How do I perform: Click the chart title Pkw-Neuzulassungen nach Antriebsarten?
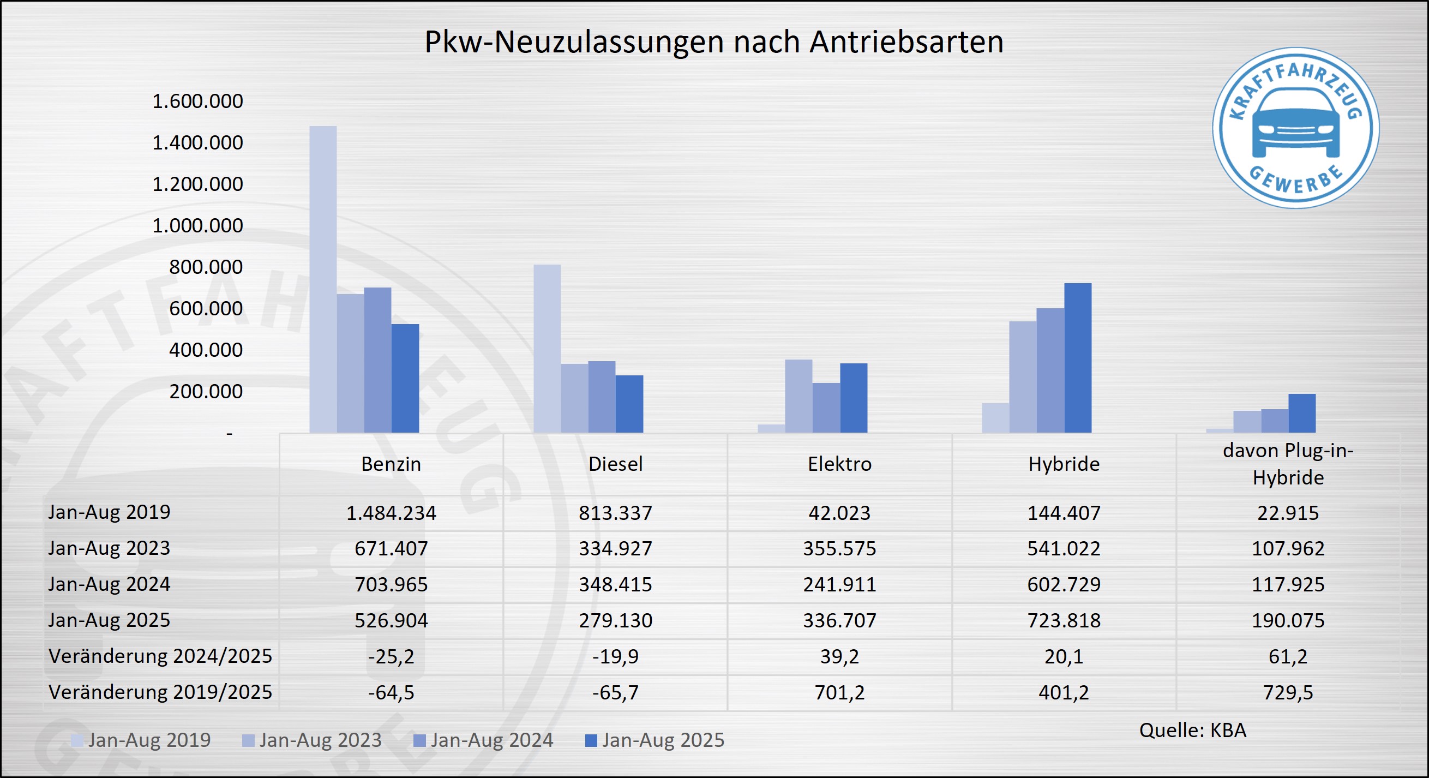(713, 41)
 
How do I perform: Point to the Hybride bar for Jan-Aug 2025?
(1077, 358)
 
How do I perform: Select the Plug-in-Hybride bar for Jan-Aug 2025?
(1301, 413)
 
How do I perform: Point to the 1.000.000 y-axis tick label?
(197, 225)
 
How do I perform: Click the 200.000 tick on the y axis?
(206, 391)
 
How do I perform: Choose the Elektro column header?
(839, 464)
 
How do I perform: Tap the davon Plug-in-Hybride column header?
(1288, 464)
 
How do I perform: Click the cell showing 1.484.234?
(391, 513)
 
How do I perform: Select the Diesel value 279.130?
(615, 620)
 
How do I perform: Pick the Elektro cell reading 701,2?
(839, 692)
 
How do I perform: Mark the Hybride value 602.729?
(1064, 584)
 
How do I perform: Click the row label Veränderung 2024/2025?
(160, 656)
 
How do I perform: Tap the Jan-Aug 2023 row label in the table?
(109, 548)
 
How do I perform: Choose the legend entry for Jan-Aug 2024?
(484, 740)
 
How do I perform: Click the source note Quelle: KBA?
(1192, 731)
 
